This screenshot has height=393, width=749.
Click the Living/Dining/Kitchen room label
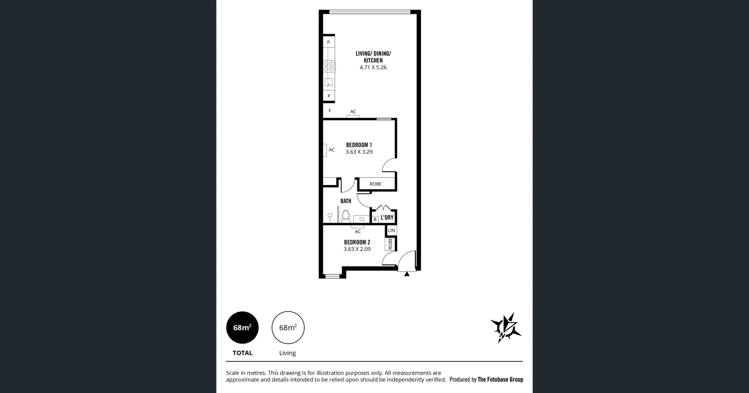(373, 57)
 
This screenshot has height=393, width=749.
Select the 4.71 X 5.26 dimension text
(373, 67)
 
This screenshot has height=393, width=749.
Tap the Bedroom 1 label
(359, 145)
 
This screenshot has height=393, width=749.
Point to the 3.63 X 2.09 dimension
(357, 249)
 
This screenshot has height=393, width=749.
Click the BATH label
(346, 201)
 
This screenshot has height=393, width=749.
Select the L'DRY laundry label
(387, 217)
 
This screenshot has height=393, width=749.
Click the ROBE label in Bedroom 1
(375, 184)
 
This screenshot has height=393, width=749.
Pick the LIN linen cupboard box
(391, 231)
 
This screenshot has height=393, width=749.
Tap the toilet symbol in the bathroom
(346, 215)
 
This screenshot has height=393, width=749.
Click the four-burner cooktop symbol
(329, 66)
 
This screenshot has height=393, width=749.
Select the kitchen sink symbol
(328, 82)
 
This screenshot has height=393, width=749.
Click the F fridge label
(330, 111)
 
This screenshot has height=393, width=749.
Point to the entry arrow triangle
(407, 274)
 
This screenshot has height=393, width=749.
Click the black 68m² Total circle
(242, 328)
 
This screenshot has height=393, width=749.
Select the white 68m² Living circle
(288, 328)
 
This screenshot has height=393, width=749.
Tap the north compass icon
(506, 328)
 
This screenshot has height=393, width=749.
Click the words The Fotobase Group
(500, 379)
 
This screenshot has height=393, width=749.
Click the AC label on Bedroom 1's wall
(332, 150)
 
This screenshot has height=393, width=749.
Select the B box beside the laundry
(375, 219)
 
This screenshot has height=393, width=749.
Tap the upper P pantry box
(328, 42)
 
